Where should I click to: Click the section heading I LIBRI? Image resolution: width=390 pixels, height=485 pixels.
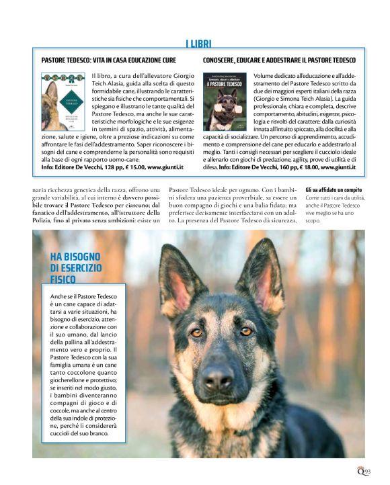tap(198, 44)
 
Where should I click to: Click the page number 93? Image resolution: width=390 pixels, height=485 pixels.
tap(367, 472)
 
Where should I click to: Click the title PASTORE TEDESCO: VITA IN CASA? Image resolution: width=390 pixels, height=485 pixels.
tap(109, 60)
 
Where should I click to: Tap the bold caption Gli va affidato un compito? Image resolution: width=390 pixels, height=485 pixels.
tap(334, 190)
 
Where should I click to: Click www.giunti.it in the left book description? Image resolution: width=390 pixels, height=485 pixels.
tap(165, 167)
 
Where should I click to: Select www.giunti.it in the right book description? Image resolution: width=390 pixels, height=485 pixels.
tap(338, 167)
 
